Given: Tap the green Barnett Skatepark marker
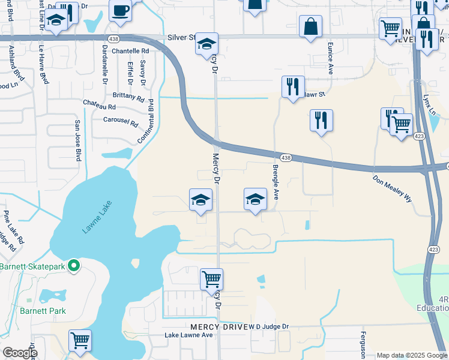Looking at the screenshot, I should pyautogui.click(x=74, y=265).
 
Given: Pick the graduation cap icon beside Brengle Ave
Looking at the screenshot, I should pyautogui.click(x=255, y=199).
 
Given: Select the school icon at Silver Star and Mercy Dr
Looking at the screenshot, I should pyautogui.click(x=206, y=44).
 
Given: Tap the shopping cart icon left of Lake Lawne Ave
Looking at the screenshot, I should pyautogui.click(x=80, y=340).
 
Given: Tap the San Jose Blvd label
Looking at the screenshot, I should pyautogui.click(x=77, y=140).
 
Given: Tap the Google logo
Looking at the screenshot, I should pyautogui.click(x=20, y=353).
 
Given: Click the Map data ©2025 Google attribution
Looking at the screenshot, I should pyautogui.click(x=411, y=355).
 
